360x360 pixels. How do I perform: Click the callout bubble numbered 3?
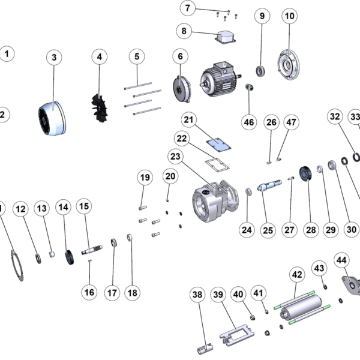pos(54,57)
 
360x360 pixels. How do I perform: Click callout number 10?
pos(289,16)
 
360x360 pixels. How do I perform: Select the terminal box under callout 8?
pos(225,37)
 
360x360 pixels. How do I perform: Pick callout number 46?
pos(248,122)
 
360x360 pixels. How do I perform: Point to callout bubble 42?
pos(296,274)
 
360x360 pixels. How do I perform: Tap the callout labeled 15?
pos(84,206)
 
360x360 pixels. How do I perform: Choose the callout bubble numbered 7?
pos(188,8)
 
